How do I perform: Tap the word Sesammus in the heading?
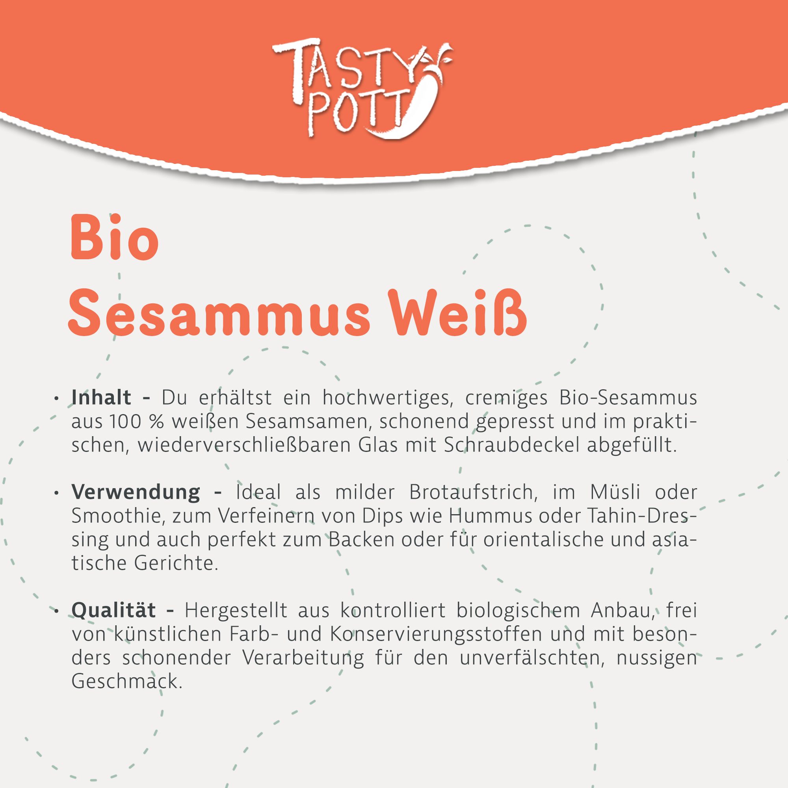[219, 314]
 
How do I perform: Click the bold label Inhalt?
[101, 397]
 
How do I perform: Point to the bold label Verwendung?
[136, 492]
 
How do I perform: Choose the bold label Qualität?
[113, 610]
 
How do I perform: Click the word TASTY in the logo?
[347, 65]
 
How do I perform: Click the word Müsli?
[615, 492]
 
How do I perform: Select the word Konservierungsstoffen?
[436, 634]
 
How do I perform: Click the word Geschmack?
[127, 681]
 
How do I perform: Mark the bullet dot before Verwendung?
[57, 493]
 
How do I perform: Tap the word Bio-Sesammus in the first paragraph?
[628, 397]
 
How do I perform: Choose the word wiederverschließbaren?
[244, 444]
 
